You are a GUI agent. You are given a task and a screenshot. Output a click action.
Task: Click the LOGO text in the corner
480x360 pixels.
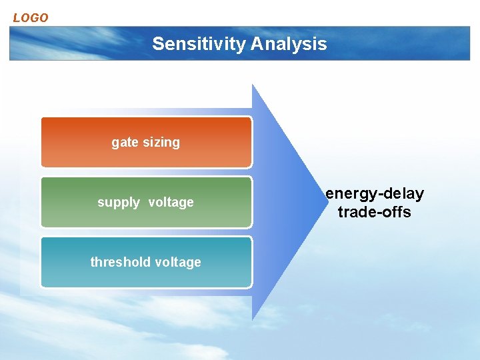point(31,18)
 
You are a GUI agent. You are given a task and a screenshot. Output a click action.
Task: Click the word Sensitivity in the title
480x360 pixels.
point(199,44)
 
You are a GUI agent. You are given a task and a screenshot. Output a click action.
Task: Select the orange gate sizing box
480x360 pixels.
point(146,142)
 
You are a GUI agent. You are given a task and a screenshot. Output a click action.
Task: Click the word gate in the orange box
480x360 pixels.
point(125,143)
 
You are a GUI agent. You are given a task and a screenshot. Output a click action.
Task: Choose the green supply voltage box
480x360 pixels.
point(146,202)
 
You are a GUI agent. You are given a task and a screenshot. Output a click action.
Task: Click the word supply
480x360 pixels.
point(119,203)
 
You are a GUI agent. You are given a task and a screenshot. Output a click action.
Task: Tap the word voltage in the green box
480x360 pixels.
point(171,202)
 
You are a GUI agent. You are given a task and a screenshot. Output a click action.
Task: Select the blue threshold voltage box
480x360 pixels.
point(146,262)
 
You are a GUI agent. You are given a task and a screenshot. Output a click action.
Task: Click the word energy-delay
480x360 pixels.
point(375,194)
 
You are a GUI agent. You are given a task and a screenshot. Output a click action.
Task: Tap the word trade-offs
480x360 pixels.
point(375,213)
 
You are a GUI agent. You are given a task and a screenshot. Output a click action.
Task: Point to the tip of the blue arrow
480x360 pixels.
point(323,202)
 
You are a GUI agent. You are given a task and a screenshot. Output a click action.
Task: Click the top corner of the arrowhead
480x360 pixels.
point(253,85)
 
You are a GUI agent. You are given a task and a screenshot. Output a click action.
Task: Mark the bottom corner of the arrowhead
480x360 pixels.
point(253,320)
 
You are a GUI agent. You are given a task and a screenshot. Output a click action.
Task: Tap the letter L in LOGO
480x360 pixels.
point(17,18)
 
